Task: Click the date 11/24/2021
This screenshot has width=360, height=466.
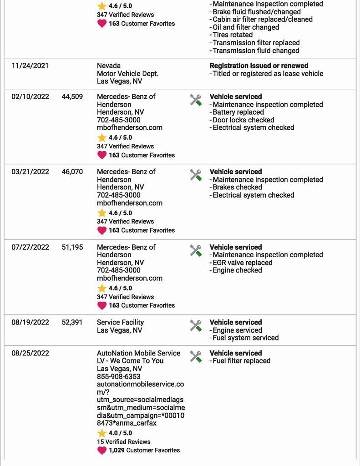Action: pos(30,66)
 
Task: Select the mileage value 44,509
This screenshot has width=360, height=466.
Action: pos(72,97)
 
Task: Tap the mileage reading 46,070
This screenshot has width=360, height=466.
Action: pos(72,172)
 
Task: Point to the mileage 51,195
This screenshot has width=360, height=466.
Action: pos(72,247)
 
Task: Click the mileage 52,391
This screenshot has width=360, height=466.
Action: pos(72,323)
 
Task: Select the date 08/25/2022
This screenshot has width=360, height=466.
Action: pos(30,353)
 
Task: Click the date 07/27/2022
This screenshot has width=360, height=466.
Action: pos(30,247)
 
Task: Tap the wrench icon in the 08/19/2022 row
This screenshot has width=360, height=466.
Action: pos(196,325)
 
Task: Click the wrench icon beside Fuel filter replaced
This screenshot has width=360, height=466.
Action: pos(196,356)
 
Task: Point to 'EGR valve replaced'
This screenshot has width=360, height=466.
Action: pos(242,263)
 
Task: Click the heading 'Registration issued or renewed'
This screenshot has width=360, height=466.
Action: pos(259,66)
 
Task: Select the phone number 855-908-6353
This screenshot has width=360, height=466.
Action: pos(119,376)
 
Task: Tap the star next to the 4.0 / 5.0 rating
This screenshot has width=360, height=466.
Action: pos(102,433)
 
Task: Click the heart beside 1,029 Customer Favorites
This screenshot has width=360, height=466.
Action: pos(102,451)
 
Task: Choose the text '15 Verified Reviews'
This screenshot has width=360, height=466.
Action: pos(123,442)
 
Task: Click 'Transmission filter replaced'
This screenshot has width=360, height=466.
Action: pos(256,43)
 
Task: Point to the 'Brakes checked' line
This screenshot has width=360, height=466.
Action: pos(237,187)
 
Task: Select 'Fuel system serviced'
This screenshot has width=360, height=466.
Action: pos(245,338)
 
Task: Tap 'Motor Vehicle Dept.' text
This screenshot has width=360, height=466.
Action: pos(128,74)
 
